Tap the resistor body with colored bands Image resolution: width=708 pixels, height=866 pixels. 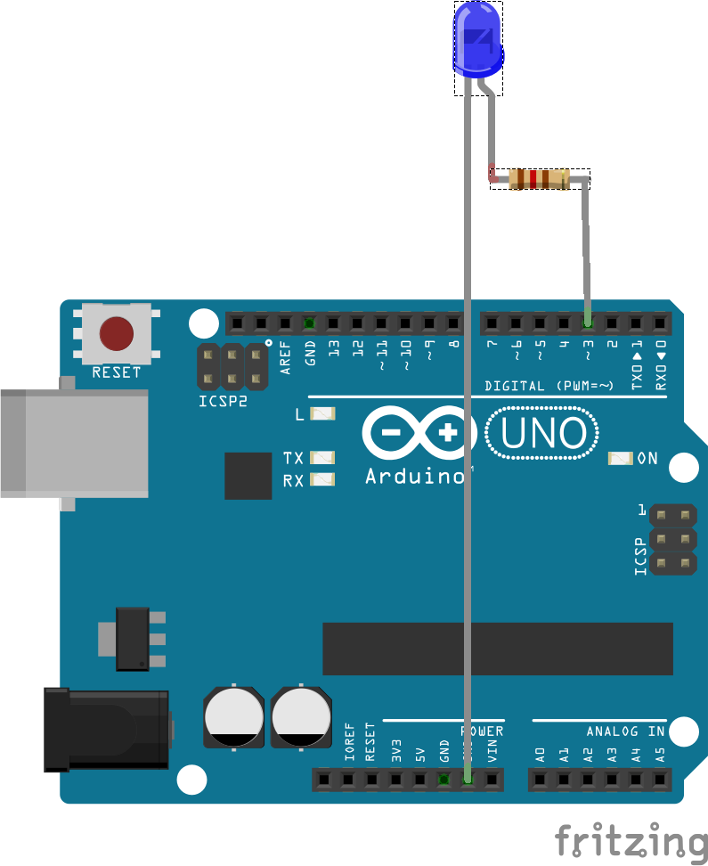click(539, 179)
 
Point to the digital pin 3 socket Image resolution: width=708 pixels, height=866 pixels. click(588, 323)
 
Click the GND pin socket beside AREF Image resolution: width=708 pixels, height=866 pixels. click(309, 323)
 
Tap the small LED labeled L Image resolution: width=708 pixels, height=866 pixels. click(323, 414)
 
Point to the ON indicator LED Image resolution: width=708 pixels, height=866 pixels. click(620, 459)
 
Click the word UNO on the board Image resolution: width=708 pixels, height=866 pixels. click(543, 435)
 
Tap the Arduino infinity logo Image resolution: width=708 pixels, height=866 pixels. click(417, 435)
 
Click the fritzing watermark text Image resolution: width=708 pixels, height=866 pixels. click(631, 841)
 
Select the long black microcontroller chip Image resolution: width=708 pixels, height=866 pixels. click(498, 649)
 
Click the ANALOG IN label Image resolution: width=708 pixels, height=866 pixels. click(625, 731)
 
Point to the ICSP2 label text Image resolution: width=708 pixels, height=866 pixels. click(223, 402)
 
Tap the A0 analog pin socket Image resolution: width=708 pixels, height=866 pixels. click(540, 780)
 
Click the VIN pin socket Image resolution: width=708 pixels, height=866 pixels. click(492, 780)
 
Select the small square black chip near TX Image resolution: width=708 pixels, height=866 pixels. click(248, 476)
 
